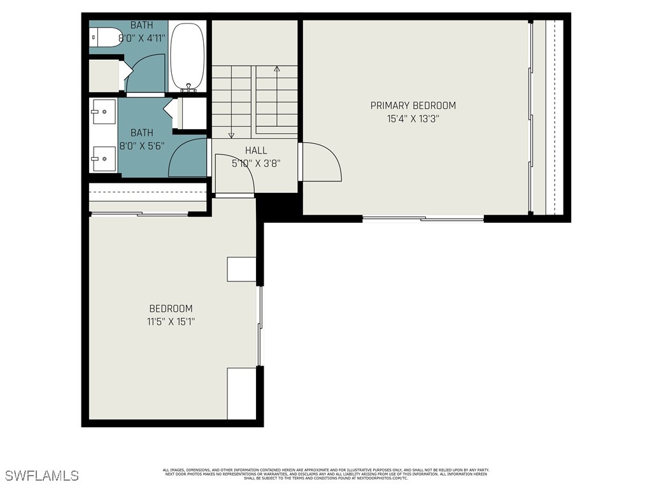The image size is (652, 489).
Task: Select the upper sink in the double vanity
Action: [x=103, y=111]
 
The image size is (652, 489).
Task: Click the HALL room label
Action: [x=256, y=150]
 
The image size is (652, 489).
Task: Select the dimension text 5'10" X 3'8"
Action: [x=256, y=162]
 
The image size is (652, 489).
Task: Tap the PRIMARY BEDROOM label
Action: [x=413, y=106]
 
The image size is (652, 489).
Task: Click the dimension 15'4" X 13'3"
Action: [x=413, y=118]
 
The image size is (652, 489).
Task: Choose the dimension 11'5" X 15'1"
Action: [x=171, y=322]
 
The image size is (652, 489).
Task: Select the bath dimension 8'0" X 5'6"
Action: [x=142, y=145]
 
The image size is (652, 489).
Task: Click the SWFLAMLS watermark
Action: [x=42, y=476]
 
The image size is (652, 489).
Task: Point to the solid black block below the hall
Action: [x=279, y=207]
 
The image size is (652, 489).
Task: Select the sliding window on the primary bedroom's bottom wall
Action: [x=423, y=219]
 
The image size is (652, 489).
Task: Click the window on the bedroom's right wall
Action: [x=259, y=326]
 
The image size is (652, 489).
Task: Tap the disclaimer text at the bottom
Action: [x=326, y=474]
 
